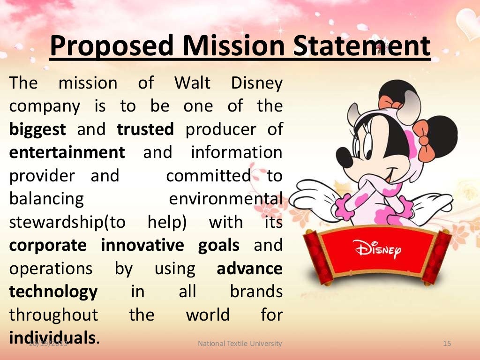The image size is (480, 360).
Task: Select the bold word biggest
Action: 37,130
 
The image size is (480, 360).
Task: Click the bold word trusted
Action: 145,129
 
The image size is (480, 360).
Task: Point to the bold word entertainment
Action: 67,152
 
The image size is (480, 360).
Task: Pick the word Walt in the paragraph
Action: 192,83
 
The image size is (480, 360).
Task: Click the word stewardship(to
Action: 67,222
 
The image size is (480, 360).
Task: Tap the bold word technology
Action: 53,292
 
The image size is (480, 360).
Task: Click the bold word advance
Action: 249,269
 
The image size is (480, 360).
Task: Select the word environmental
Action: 225,199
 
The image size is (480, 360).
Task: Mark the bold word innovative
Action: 143,245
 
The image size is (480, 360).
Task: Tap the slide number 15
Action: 447,344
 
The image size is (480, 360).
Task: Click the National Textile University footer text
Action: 240,344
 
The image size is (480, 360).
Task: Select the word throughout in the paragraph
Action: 53,315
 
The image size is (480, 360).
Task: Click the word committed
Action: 209,176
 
